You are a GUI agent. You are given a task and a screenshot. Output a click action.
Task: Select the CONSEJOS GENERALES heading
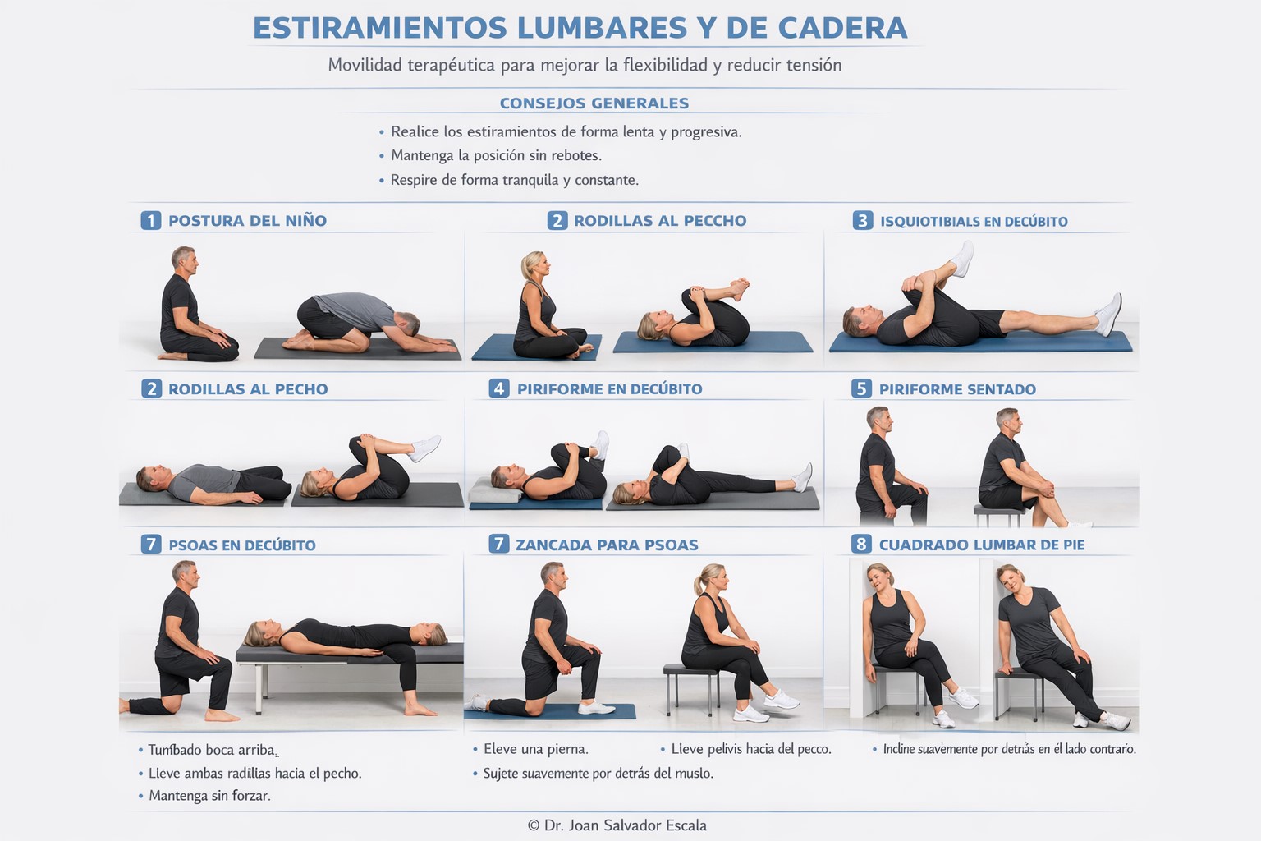594,103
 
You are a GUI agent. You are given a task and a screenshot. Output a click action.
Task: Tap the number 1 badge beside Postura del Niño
150,220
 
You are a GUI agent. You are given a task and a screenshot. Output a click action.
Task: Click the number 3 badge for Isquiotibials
863,220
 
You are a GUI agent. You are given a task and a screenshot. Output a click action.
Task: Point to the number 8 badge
861,545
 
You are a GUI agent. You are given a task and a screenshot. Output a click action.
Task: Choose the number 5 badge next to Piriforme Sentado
861,388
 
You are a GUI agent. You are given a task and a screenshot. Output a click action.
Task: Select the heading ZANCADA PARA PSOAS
607,545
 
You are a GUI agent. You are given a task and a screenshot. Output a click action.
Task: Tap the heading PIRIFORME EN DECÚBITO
610,388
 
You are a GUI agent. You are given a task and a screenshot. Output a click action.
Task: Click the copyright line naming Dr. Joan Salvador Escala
617,825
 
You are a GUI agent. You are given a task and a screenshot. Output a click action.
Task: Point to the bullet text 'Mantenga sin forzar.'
209,796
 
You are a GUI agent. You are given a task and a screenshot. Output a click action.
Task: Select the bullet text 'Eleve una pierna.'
536,749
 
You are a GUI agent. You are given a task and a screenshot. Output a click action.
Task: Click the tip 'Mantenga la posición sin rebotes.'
497,155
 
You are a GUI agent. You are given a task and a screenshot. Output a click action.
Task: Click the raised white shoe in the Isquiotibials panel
963,259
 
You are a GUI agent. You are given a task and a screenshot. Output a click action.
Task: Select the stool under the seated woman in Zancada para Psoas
691,687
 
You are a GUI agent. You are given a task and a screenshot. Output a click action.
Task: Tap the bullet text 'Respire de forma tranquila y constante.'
515,180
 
